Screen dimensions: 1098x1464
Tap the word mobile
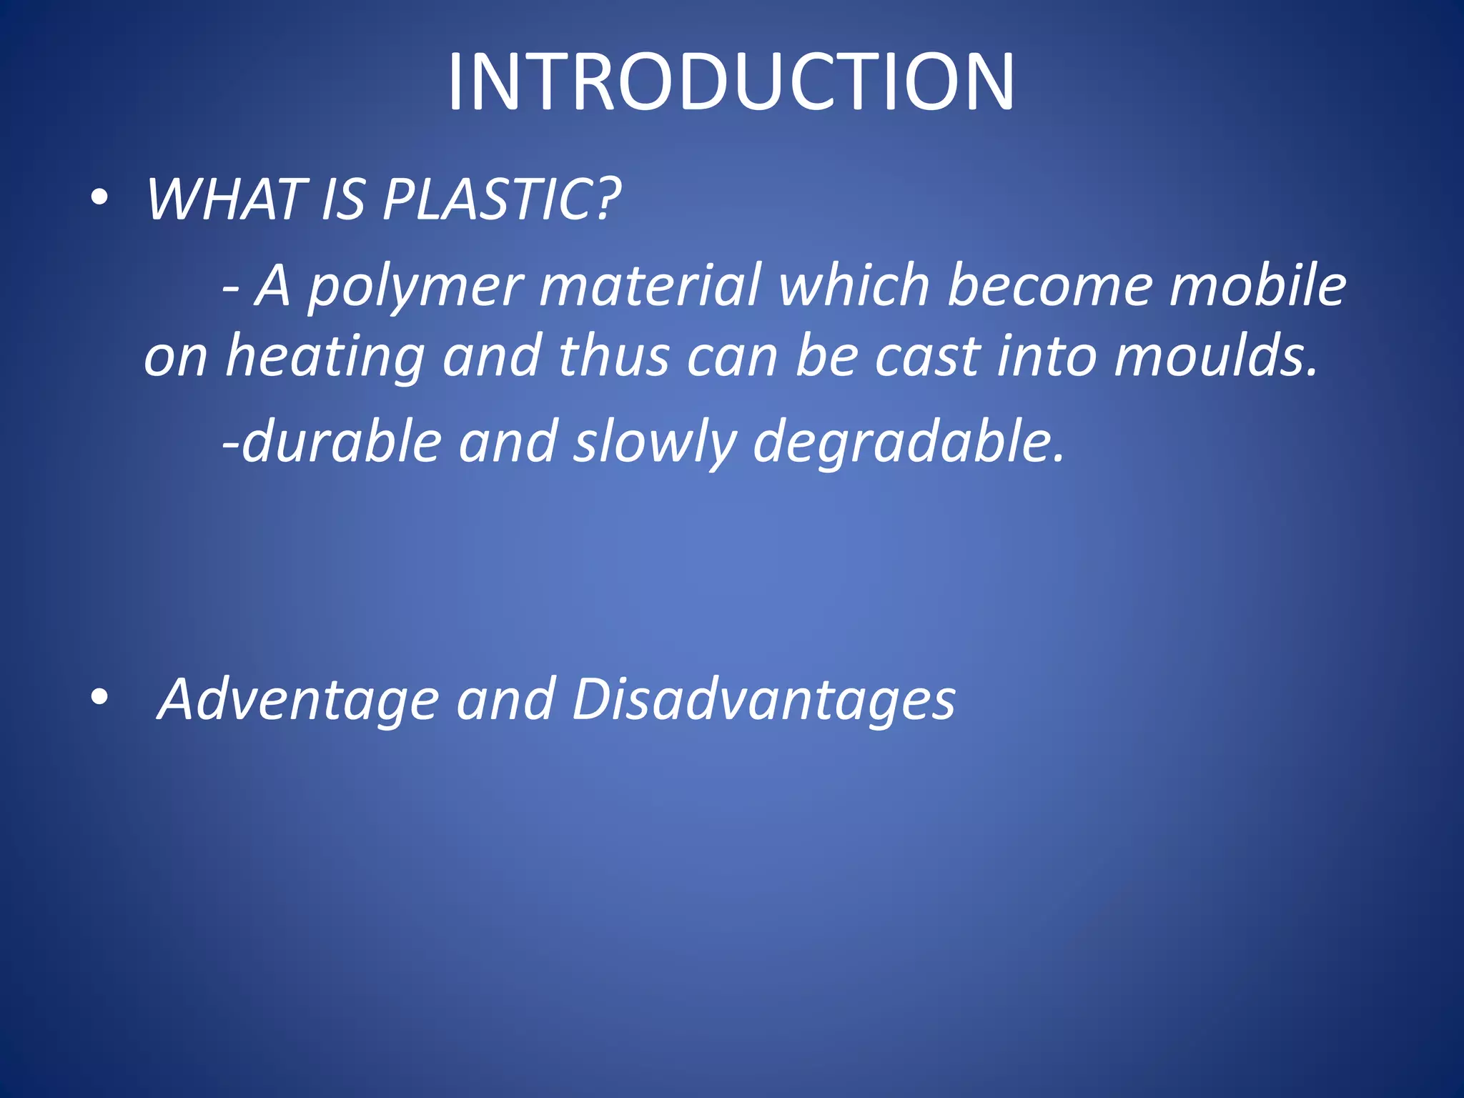tap(1258, 285)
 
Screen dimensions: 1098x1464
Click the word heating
tap(326, 357)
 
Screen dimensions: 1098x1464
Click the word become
tap(1050, 285)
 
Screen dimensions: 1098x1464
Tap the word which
tap(854, 285)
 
